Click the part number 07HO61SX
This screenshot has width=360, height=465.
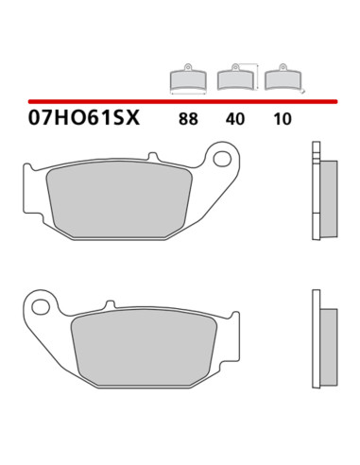84,118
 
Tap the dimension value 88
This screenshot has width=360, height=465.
188,119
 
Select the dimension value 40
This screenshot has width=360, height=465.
235,119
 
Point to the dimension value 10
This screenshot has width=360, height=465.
283,119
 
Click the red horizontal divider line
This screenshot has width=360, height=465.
182,101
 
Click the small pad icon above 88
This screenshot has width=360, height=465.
188,78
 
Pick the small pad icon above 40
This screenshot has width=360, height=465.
235,77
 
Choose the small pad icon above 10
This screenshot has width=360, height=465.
283,77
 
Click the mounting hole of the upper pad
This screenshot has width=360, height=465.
222,159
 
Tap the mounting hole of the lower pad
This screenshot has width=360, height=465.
41,306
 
